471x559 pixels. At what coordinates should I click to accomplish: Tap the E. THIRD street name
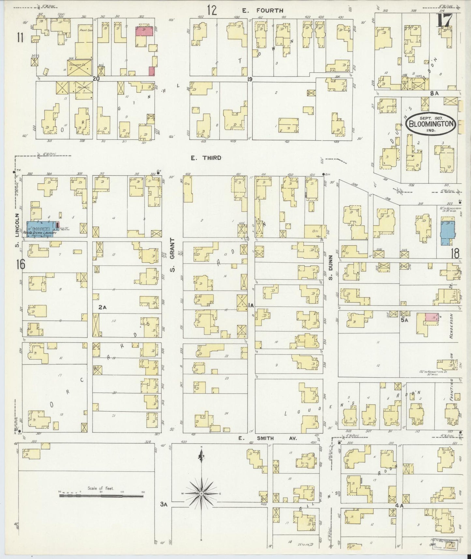pyautogui.click(x=206, y=158)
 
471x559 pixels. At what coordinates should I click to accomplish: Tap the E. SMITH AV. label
pyautogui.click(x=267, y=438)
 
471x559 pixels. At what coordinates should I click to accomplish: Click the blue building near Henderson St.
pyautogui.click(x=446, y=233)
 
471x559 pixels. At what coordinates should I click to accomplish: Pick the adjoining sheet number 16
pyautogui.click(x=20, y=264)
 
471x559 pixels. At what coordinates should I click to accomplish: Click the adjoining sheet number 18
pyautogui.click(x=455, y=253)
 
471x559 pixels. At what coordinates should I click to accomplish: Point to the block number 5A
pyautogui.click(x=404, y=321)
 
